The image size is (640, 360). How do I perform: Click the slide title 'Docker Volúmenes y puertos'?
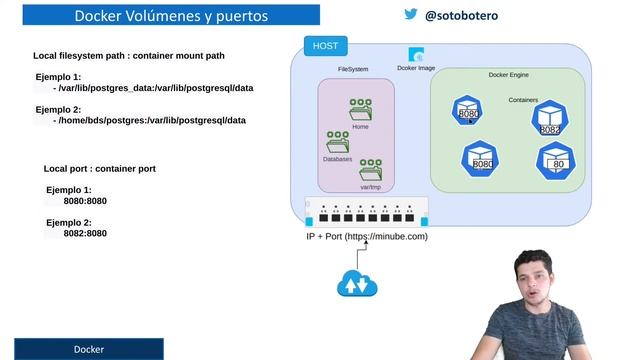pos(167,15)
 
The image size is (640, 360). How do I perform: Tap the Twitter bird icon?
pos(410,15)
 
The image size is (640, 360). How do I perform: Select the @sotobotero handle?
pos(461,16)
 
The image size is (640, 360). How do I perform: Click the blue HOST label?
pos(325,46)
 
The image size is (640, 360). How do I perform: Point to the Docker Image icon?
pos(416,56)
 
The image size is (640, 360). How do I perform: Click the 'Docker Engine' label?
pos(508,75)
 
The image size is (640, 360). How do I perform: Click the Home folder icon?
pos(360,111)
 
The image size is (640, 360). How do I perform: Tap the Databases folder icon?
pos(337,142)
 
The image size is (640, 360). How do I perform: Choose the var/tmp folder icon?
pos(371,170)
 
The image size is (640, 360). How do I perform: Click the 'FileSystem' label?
pos(353,69)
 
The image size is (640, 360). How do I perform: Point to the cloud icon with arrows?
pos(356,284)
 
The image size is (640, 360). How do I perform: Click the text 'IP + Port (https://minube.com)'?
pos(367,236)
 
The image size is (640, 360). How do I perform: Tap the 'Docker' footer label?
pos(88,349)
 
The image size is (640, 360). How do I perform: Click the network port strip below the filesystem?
pos(366,211)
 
